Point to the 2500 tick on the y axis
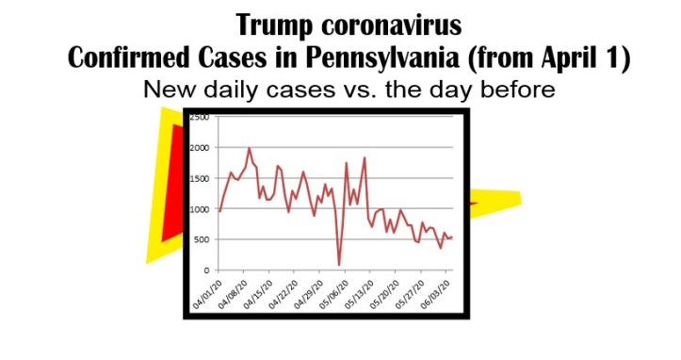tap(200, 118)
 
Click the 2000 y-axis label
tap(200, 149)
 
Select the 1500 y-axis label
tap(200, 179)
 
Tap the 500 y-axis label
tap(200, 240)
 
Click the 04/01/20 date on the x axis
tap(206, 293)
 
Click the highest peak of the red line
tap(250, 148)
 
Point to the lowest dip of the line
tap(339, 265)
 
